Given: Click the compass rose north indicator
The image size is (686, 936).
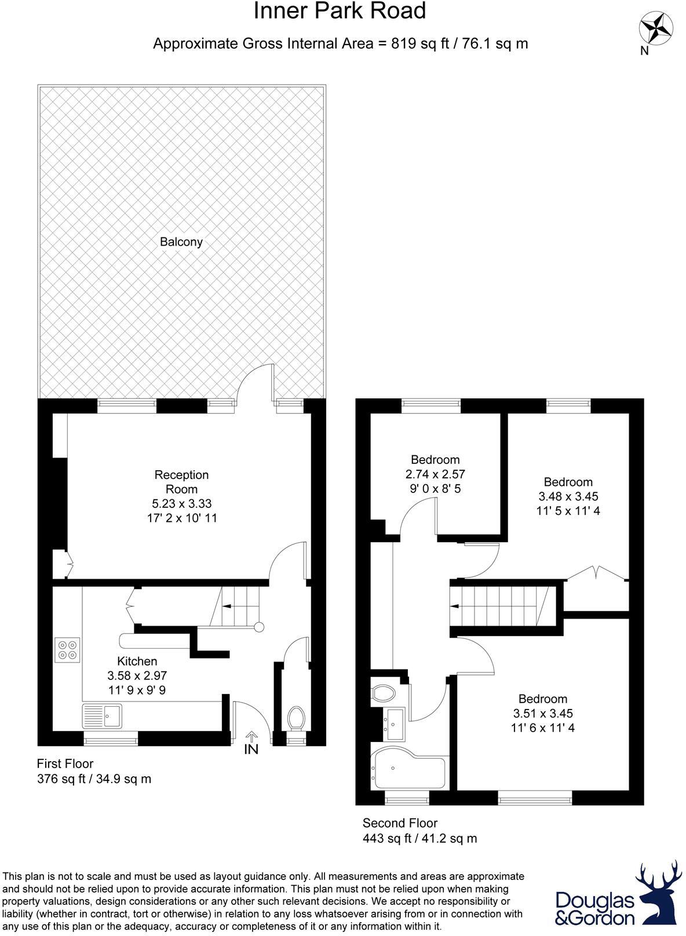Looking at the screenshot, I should point(654,28).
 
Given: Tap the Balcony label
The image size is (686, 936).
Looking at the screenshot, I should point(181,242).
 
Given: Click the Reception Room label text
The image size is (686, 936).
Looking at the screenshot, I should point(181,482).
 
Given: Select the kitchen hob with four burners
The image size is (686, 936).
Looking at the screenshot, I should point(68,649).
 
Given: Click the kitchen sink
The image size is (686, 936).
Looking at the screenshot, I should point(103,715).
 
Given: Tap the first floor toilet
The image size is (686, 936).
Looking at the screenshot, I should point(297,718).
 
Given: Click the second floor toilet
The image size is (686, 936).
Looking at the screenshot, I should point(383,692).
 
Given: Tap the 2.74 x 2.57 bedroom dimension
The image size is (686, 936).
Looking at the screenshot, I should point(435,474).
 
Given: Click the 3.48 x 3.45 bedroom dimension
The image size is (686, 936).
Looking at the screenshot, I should point(568,496).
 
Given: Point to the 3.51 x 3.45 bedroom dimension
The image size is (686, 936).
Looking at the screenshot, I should point(543,713).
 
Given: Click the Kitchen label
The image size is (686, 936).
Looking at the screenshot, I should point(137,661).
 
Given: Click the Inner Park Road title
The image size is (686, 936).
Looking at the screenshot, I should point(340,12).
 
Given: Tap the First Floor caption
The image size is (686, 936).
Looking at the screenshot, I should point(65,763).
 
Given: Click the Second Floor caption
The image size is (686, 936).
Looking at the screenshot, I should point(400,822).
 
